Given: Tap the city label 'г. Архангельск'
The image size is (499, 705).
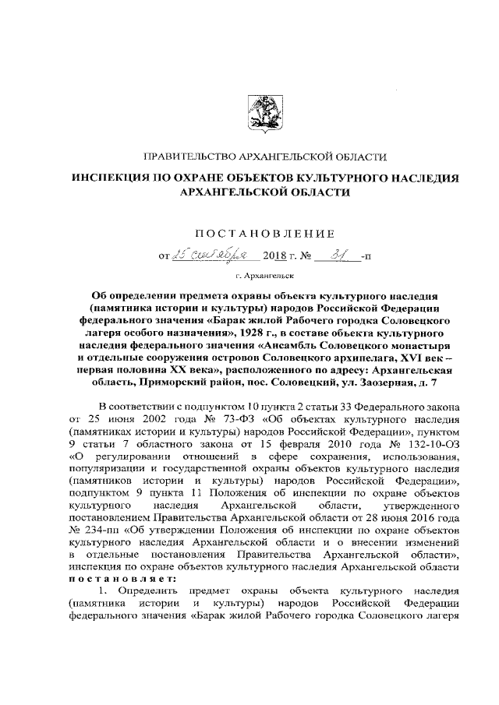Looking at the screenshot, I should [x=258, y=276].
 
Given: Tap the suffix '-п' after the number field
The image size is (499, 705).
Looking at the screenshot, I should [x=367, y=254].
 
